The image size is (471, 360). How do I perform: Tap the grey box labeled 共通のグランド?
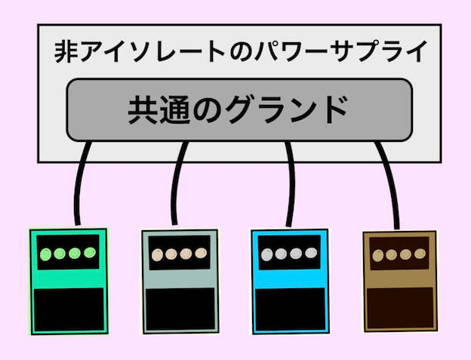[239, 110]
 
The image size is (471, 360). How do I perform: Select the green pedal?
[68, 280]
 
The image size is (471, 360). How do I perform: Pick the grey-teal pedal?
[180, 281]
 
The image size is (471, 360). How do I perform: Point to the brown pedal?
[399, 281]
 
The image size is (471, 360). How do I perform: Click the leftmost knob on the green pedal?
[46, 254]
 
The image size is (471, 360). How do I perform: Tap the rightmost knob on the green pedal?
[88, 254]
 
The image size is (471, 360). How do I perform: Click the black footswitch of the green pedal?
[68, 309]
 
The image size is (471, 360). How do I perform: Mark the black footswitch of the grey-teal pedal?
[180, 309]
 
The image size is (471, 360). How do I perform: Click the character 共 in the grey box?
[142, 110]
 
